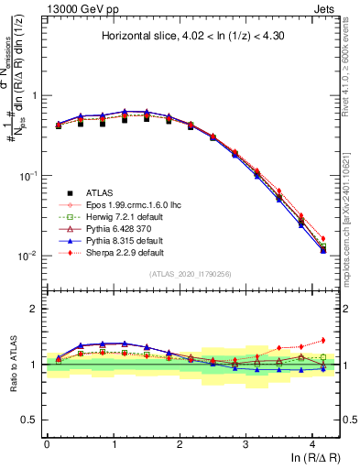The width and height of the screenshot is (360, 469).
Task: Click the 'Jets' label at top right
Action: pos(326,8)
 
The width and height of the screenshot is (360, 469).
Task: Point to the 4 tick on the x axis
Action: pos(311,444)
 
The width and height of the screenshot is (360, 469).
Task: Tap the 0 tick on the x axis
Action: pos(47,444)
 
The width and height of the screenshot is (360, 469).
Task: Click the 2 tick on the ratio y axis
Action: pos(34,309)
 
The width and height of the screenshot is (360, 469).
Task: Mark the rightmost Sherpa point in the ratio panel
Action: pos(322,341)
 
